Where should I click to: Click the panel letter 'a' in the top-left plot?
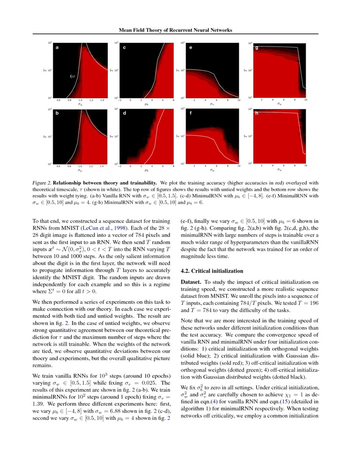pos(57,48)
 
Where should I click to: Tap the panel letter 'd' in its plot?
pos(124,114)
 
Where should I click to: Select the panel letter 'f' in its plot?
pos(191,114)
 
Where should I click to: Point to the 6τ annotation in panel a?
pos(72,77)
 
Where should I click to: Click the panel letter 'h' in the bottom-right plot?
pos(256,113)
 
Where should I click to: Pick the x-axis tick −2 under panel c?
pos(120,100)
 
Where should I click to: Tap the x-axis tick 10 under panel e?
pos(239,100)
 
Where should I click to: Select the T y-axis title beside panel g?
pos(246,70)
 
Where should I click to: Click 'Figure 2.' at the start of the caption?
pos(42,182)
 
